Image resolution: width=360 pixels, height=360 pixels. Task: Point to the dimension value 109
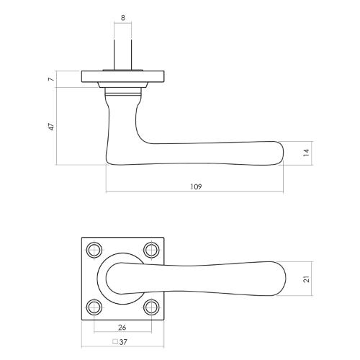click(x=195, y=186)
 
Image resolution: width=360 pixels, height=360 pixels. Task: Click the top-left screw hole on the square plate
click(x=94, y=250)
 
